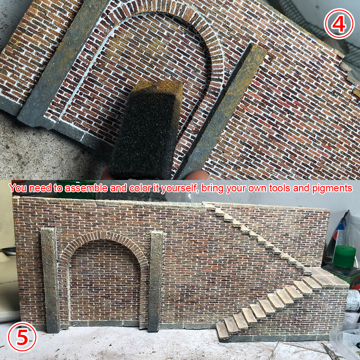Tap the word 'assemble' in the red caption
[x=86, y=188]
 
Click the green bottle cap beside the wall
[x=344, y=254]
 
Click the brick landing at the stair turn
[x=329, y=277]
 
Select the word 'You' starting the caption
[x=18, y=188]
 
